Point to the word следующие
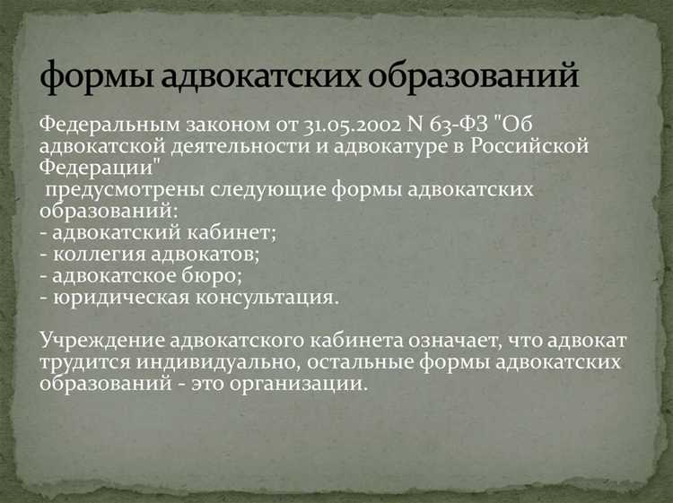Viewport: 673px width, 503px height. tap(286, 190)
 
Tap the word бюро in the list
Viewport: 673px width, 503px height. tap(208, 276)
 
